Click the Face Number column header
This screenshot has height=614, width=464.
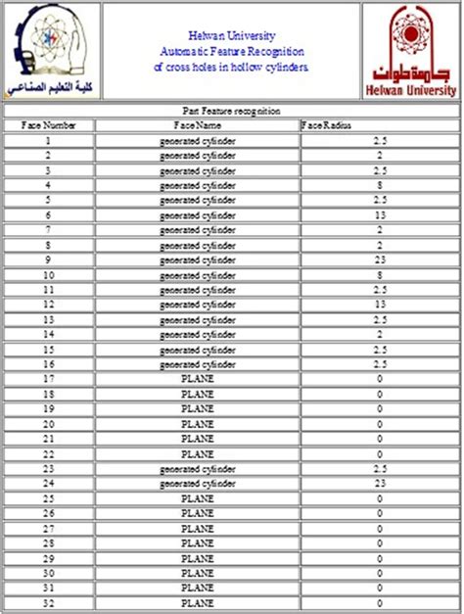[48, 124]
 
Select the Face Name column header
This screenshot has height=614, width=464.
[197, 124]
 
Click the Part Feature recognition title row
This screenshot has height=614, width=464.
[232, 111]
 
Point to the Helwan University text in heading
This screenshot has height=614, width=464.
[231, 32]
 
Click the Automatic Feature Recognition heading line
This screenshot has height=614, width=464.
[231, 50]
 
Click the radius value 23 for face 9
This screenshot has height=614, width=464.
[379, 260]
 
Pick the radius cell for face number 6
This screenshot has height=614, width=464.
[379, 214]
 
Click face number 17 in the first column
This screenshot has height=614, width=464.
[48, 378]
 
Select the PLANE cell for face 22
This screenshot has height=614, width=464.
[197, 453]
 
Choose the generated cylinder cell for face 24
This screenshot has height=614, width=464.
[197, 484]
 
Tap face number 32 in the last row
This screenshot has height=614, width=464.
[48, 603]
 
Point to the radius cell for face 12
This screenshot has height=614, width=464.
[379, 305]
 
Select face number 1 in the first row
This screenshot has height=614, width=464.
[48, 140]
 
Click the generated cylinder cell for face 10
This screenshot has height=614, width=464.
[197, 275]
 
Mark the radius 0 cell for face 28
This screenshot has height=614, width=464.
[379, 543]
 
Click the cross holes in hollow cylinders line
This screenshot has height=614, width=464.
[231, 68]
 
